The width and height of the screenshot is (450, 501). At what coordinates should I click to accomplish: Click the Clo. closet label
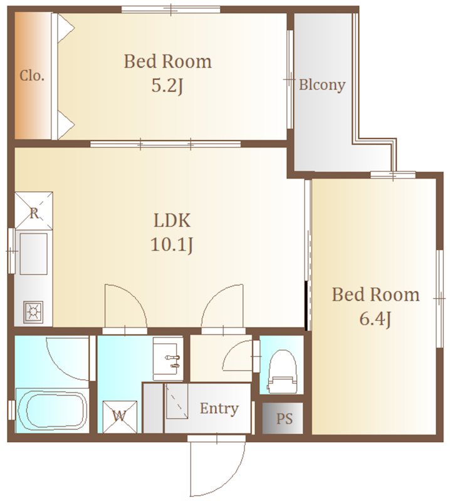pyautogui.click(x=32, y=76)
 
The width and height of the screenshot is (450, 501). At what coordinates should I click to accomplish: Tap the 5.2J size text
pyautogui.click(x=167, y=86)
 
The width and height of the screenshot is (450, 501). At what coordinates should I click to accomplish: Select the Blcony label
pyautogui.click(x=322, y=85)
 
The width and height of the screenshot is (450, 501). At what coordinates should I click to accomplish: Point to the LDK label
pyautogui.click(x=172, y=220)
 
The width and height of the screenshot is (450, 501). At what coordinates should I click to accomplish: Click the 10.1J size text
pyautogui.click(x=172, y=245)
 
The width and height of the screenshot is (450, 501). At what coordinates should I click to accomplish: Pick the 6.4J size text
pyautogui.click(x=375, y=319)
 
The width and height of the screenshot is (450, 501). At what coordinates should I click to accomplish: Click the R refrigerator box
pyautogui.click(x=34, y=210)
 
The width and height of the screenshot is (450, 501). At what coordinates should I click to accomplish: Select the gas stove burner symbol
pyautogui.click(x=33, y=311)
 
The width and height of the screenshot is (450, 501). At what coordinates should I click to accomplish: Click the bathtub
pyautogui.click(x=52, y=410)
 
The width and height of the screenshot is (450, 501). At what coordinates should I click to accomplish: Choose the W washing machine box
pyautogui.click(x=120, y=416)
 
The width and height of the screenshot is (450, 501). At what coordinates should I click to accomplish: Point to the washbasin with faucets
pyautogui.click(x=167, y=359)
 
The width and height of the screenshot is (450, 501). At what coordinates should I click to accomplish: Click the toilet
pyautogui.click(x=281, y=371)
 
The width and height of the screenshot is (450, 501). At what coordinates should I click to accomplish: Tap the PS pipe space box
pyautogui.click(x=283, y=418)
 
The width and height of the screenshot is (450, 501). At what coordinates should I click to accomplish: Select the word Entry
pyautogui.click(x=219, y=409)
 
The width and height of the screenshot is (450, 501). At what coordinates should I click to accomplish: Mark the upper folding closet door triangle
pyautogui.click(x=65, y=28)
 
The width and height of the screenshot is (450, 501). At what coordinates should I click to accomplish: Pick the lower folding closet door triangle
pyautogui.click(x=65, y=125)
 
